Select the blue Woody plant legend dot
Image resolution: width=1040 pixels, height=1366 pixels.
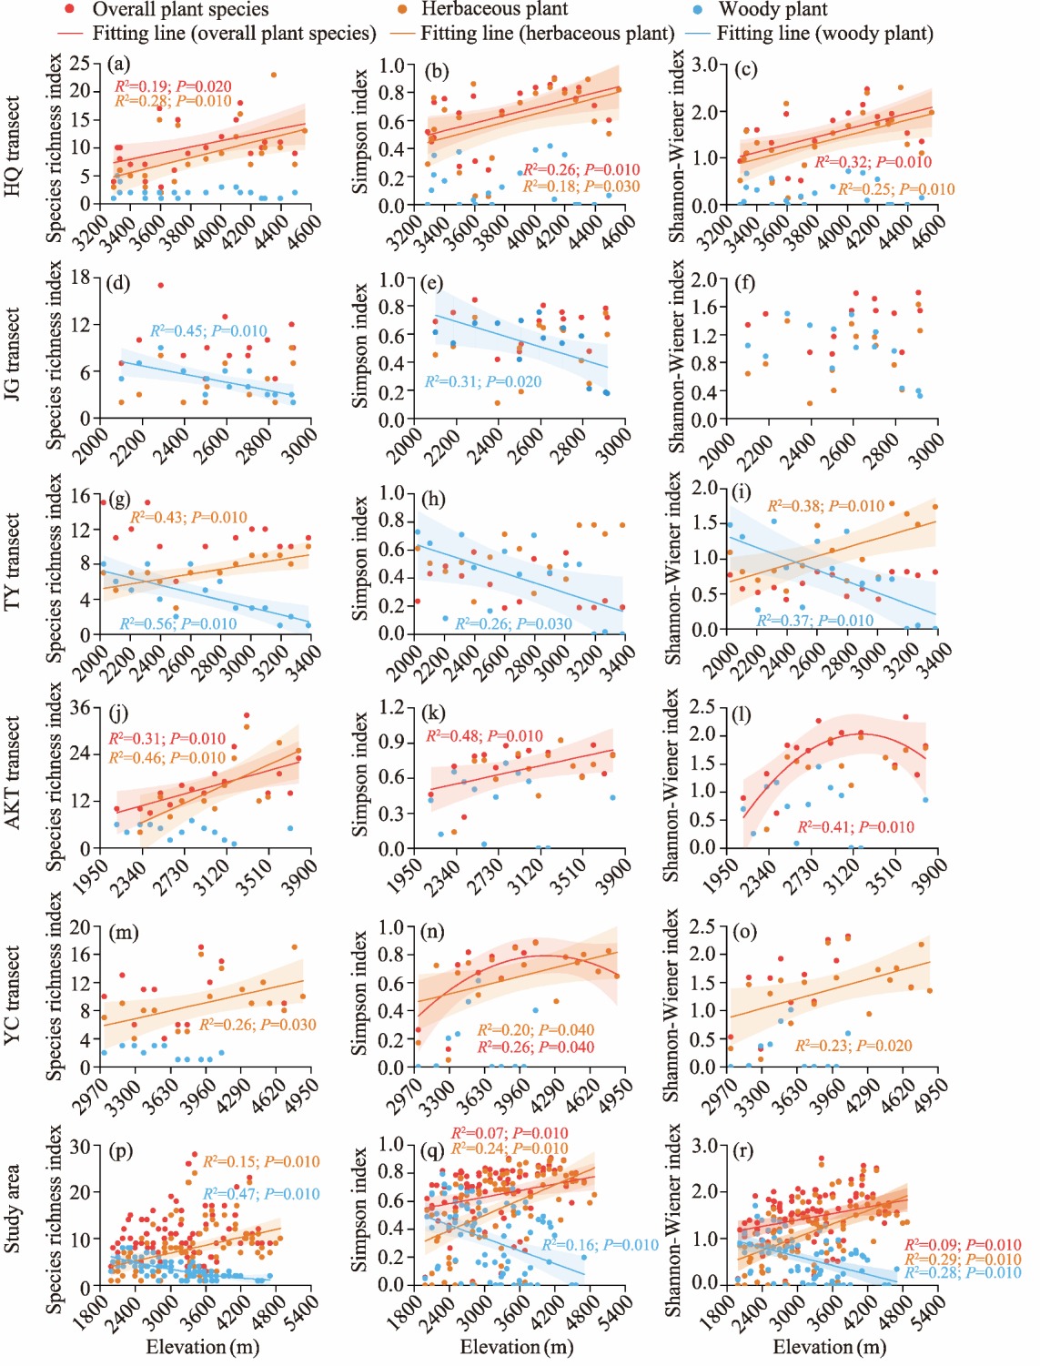point(696,9)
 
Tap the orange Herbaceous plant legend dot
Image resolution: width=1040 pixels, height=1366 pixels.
point(401,9)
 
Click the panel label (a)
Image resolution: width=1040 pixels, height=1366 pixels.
point(118,65)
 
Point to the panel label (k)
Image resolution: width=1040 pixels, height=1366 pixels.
point(434,713)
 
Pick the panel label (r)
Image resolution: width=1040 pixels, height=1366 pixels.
point(743,1150)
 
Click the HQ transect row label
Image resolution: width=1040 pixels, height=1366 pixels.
point(13,147)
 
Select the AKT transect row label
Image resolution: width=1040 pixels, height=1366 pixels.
point(13,773)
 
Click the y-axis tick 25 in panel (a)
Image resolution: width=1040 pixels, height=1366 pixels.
point(81,63)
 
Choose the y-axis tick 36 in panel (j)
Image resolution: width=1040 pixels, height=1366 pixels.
point(81,707)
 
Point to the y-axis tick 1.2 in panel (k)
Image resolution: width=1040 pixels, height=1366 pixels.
point(391,707)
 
